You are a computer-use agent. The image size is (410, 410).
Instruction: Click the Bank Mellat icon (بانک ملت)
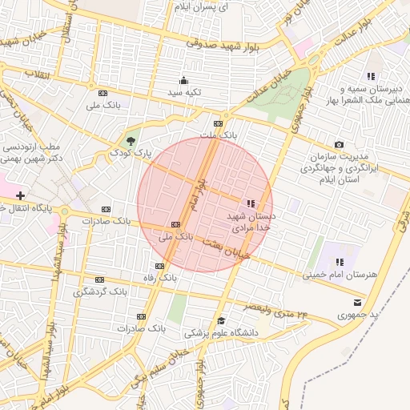[x=218, y=123]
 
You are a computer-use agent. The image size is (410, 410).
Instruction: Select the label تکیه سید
[x=183, y=93]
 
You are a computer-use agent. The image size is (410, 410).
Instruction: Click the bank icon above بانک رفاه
[x=159, y=265]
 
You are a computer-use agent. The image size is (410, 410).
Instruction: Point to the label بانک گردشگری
[x=100, y=292]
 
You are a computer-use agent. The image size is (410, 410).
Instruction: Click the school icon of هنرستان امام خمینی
[x=340, y=262]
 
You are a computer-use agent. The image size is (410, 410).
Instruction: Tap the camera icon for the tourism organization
[x=340, y=144]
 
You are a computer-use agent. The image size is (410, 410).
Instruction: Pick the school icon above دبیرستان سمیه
[x=370, y=75]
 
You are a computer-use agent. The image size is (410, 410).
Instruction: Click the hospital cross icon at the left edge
[x=20, y=195]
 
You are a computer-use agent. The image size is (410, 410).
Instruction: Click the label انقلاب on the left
[x=37, y=74]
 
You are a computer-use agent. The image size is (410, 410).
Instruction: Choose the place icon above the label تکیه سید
[x=183, y=79]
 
